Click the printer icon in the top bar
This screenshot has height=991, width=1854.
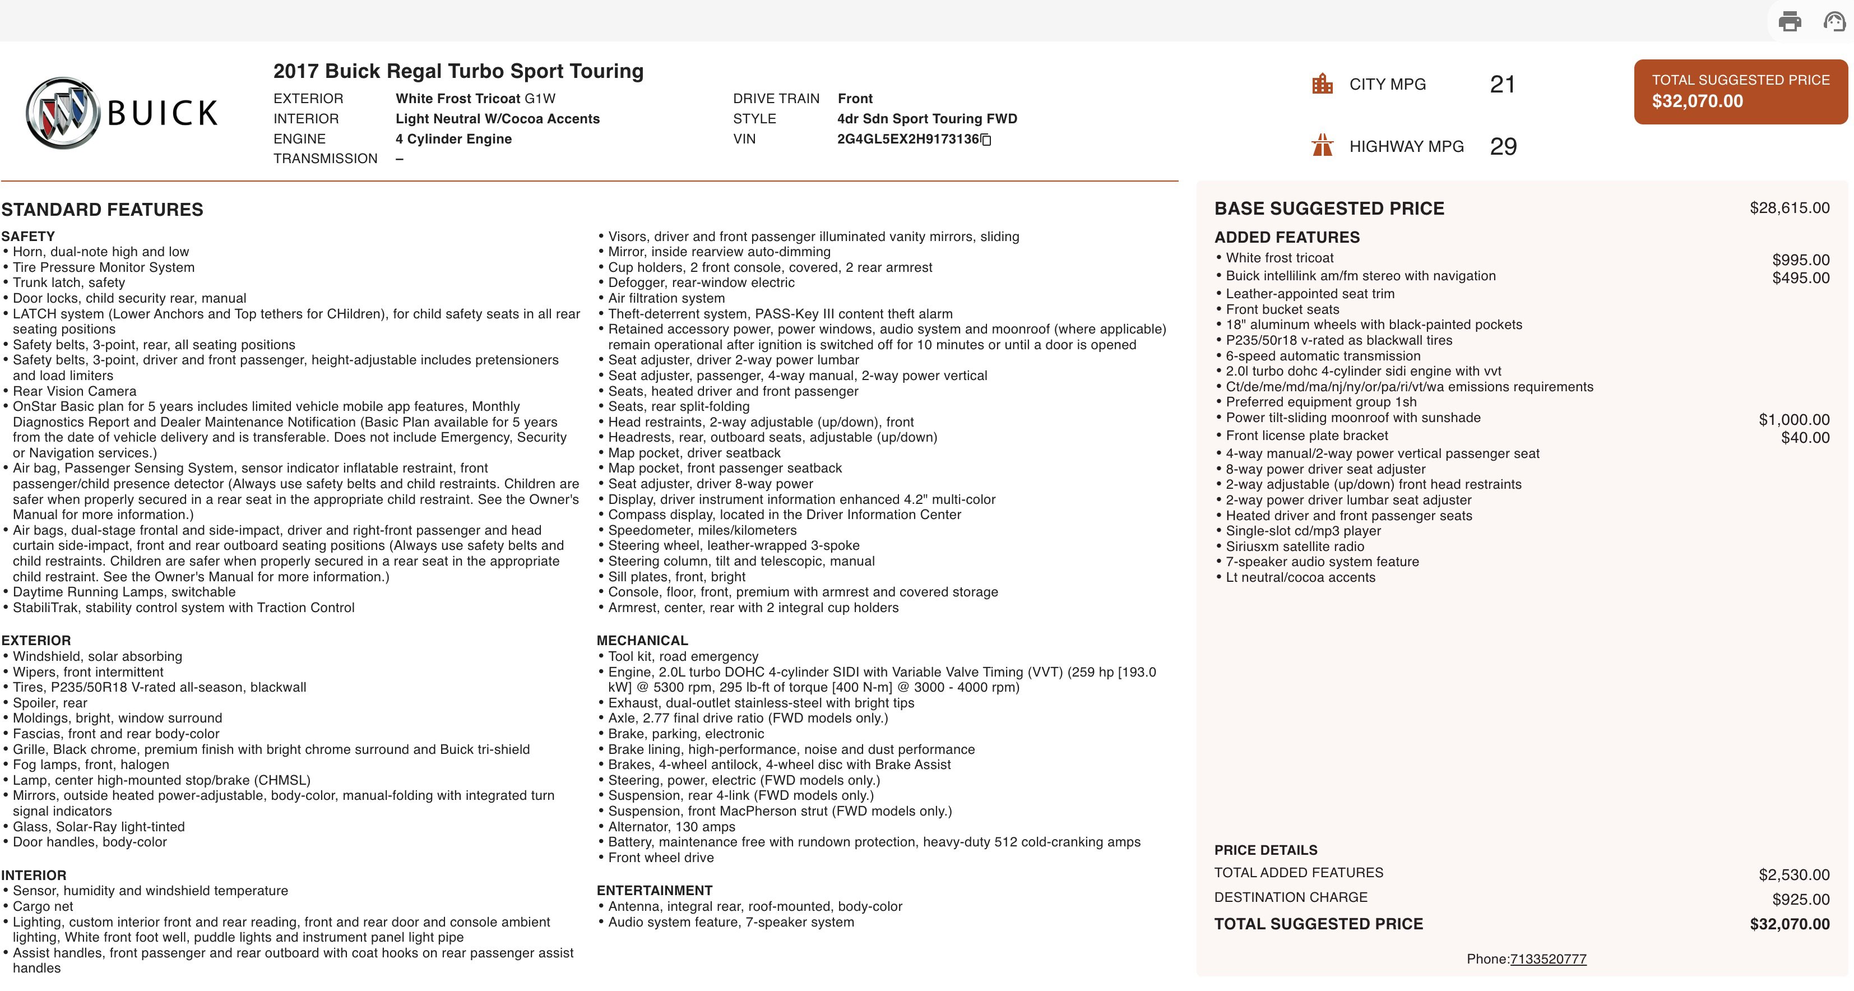1789,22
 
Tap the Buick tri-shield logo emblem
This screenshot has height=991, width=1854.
63,113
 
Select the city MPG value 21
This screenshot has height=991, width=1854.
1502,84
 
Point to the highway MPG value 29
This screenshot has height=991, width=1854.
1503,146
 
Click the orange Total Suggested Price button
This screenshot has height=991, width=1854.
1740,91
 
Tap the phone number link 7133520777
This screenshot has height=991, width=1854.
1547,958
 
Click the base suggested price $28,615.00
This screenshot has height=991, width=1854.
1789,208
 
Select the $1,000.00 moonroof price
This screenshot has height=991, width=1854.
1793,420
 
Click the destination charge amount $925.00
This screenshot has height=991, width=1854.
1800,899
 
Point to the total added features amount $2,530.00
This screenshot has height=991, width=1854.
1793,874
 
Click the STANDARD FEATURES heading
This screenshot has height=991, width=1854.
102,210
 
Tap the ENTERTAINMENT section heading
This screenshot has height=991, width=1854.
654,890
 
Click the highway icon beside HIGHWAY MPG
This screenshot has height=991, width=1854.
1322,145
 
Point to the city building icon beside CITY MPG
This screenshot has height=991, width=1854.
1322,84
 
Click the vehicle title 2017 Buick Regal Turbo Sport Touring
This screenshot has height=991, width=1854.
458,71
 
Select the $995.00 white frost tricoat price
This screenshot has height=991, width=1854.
1800,260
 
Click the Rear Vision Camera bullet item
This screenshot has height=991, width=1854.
74,391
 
